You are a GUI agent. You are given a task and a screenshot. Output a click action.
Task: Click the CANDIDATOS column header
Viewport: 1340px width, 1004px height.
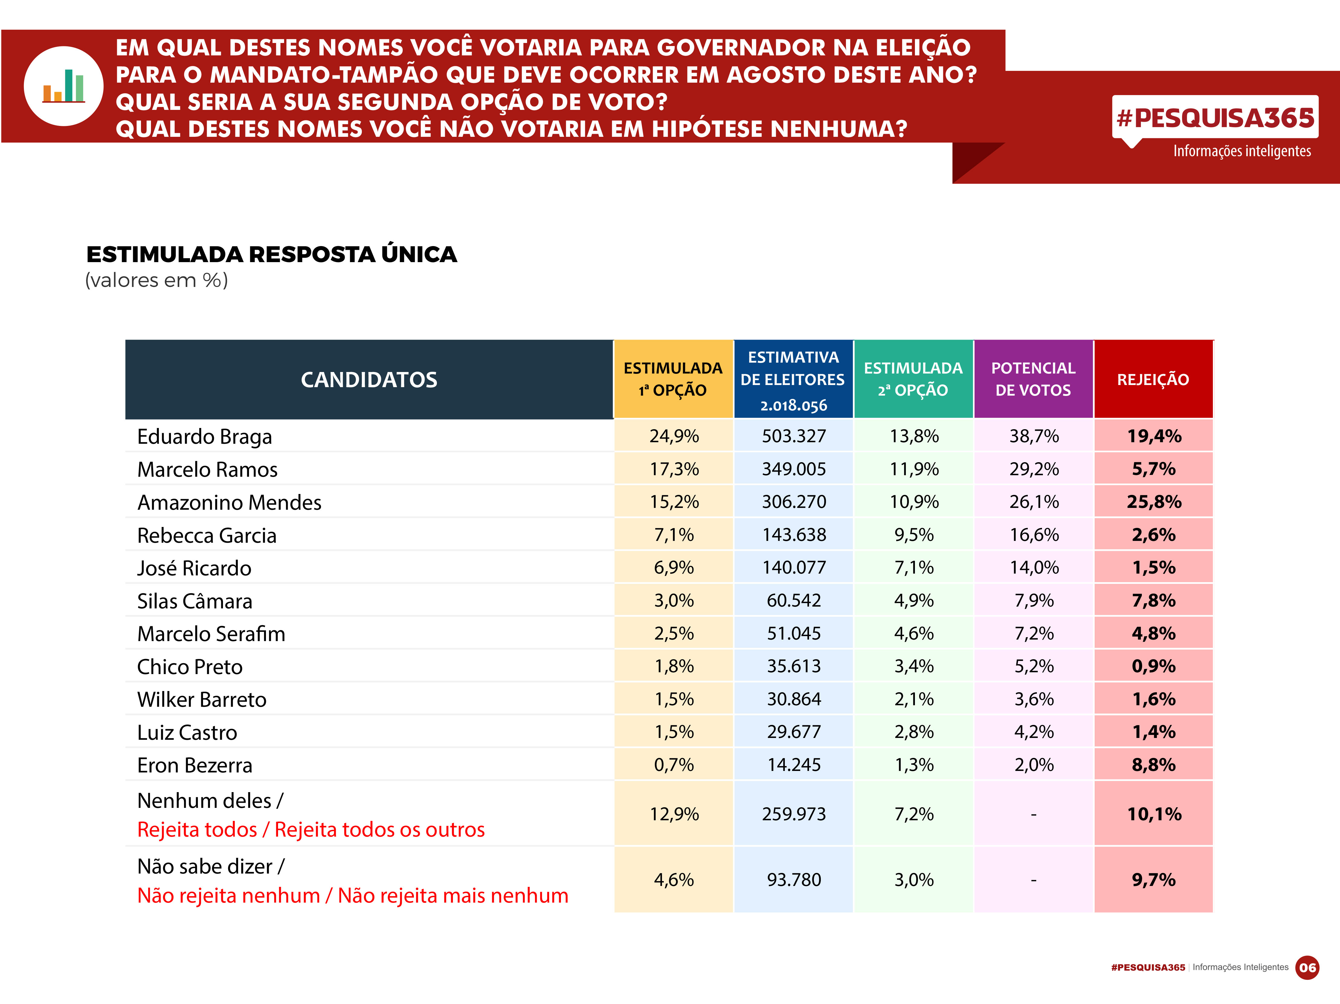tap(369, 380)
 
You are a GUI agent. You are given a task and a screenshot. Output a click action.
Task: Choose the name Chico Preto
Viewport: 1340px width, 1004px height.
tap(190, 667)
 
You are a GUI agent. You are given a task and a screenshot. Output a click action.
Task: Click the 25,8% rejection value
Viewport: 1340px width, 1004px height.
tap(1154, 502)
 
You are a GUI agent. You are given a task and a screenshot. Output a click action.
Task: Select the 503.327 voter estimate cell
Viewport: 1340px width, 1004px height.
tap(794, 436)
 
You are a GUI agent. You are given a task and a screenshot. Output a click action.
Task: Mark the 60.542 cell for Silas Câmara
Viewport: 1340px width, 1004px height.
tap(794, 601)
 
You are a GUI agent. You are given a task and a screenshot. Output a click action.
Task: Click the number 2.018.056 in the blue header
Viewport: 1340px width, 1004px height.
tap(794, 405)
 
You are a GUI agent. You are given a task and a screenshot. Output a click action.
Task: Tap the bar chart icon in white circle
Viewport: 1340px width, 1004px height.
tap(64, 86)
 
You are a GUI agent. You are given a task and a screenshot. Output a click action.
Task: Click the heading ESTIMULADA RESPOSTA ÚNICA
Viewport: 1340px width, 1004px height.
tap(271, 255)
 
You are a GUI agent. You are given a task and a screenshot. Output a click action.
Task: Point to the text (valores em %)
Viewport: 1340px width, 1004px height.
tap(156, 281)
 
